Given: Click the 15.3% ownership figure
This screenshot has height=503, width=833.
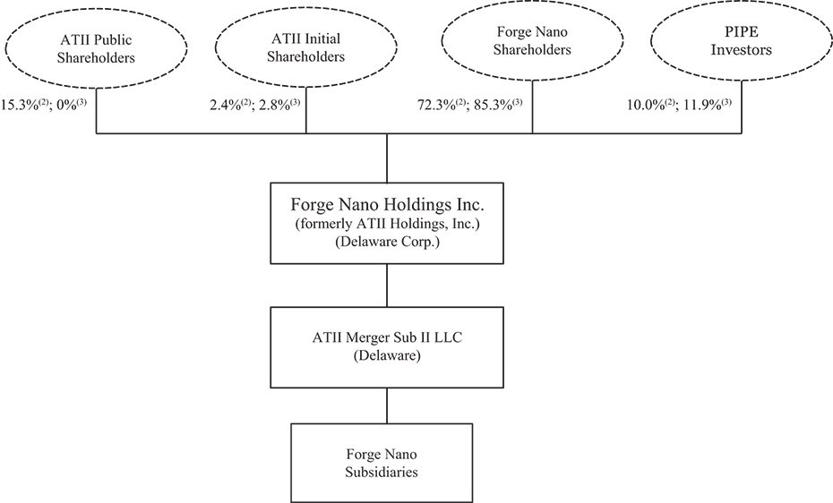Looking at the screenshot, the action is [18, 105].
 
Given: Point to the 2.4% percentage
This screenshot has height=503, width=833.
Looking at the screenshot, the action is [226, 105].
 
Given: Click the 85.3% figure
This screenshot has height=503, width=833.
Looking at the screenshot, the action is [492, 105].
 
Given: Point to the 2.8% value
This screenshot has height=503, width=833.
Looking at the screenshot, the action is [275, 105].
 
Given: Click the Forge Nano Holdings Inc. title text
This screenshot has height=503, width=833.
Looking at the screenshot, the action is [387, 205].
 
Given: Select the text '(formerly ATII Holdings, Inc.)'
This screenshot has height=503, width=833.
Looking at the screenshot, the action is [387, 224].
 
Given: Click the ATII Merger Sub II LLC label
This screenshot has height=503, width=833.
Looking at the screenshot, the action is [387, 337].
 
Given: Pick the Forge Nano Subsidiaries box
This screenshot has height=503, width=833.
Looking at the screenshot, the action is [382, 463].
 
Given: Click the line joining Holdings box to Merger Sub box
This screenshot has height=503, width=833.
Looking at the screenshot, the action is [387, 285].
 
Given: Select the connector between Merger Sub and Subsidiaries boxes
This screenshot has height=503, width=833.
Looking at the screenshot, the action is [387, 405].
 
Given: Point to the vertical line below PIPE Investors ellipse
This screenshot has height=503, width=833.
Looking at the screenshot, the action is [742, 107].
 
